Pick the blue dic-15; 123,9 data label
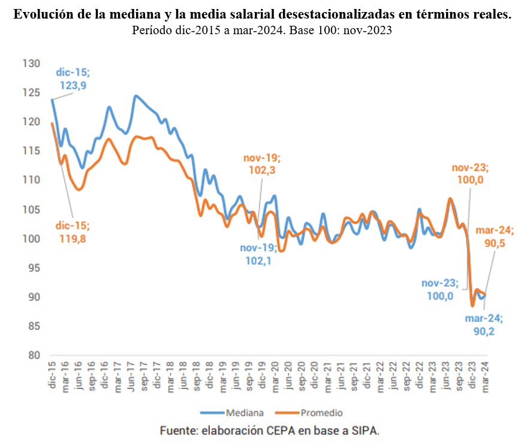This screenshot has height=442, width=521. pos(73,79)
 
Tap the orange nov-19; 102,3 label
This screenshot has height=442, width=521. pos(261,164)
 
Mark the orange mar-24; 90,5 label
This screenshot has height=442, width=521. pos(495,237)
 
